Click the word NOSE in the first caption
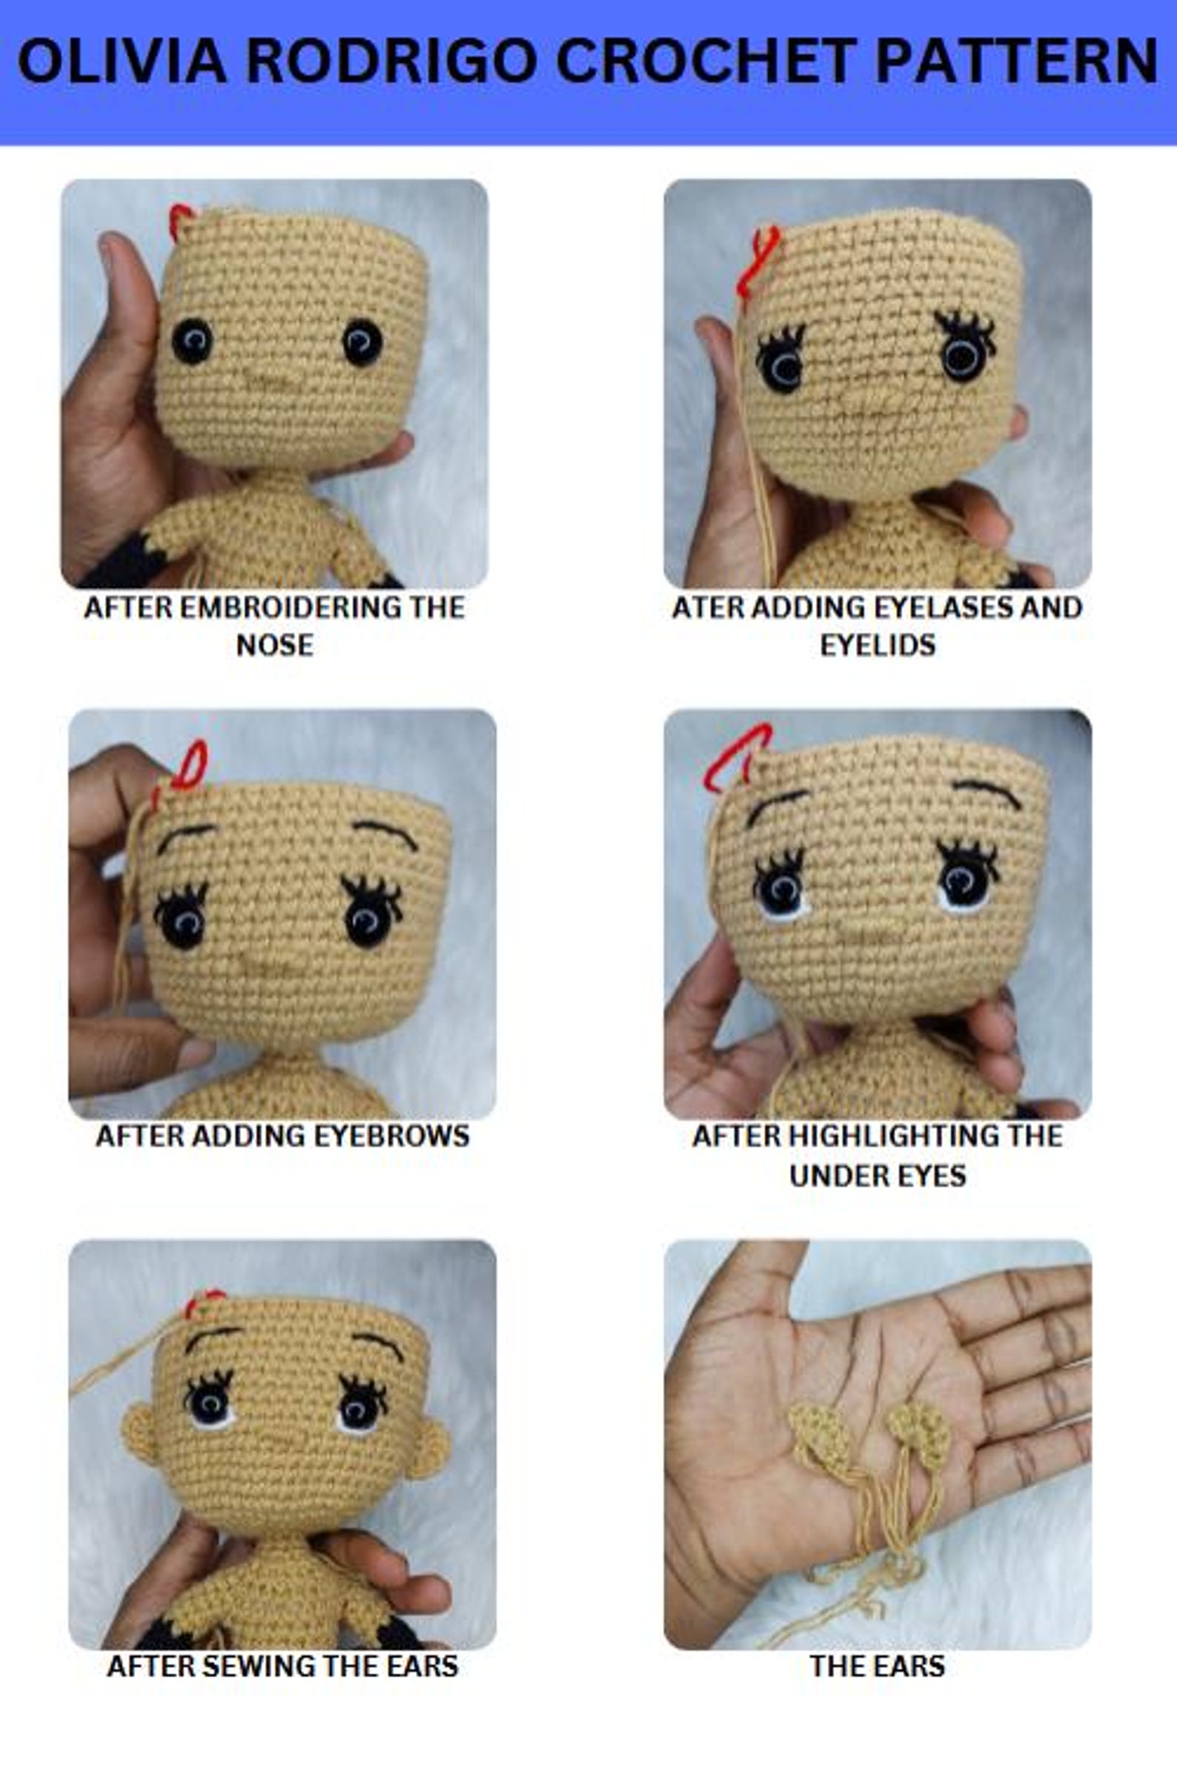tap(275, 645)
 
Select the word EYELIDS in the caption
tap(878, 645)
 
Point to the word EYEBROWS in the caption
tap(388, 1135)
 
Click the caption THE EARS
tap(877, 1666)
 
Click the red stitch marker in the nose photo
tap(180, 219)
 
